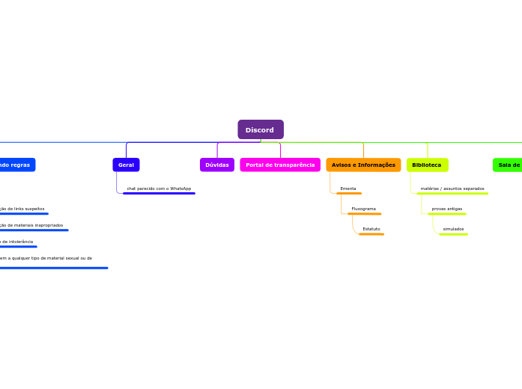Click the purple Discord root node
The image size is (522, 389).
(x=260, y=129)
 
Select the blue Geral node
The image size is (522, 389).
(x=126, y=165)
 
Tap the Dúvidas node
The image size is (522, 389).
(x=216, y=165)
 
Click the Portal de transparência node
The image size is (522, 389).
(x=279, y=165)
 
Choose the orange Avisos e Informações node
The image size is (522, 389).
(x=363, y=165)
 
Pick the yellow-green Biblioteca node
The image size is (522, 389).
(x=427, y=165)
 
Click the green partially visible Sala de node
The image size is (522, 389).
(x=508, y=165)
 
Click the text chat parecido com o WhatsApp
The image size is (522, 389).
(x=159, y=189)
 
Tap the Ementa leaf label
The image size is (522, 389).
(x=348, y=189)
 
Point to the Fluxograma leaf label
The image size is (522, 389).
(x=363, y=209)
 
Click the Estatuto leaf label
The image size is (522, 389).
(x=371, y=229)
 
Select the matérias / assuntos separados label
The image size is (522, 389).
(x=452, y=189)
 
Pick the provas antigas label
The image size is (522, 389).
(x=446, y=209)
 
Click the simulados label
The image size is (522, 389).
(x=453, y=229)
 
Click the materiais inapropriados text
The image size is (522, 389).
(x=33, y=225)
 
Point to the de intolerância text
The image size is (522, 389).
(x=16, y=242)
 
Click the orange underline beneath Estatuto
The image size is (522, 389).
(x=371, y=234)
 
